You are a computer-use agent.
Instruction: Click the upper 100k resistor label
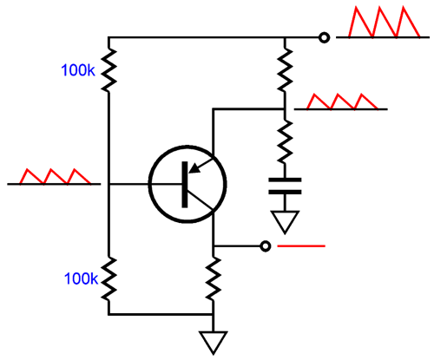(x=78, y=70)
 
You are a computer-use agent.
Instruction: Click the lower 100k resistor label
(x=82, y=278)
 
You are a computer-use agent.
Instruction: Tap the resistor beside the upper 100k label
(x=108, y=70)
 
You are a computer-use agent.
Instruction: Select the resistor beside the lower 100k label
(x=108, y=279)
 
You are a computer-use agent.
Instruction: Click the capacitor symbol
(x=285, y=186)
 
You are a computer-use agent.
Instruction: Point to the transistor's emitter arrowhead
(x=194, y=168)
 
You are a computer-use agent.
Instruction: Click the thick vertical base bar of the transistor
(x=185, y=185)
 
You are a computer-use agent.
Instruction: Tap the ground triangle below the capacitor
(x=285, y=222)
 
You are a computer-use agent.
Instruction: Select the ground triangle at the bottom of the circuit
(x=214, y=343)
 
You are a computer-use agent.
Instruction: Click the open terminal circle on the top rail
(x=324, y=37)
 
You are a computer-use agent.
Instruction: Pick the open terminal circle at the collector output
(x=266, y=246)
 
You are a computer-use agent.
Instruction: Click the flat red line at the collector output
(x=301, y=246)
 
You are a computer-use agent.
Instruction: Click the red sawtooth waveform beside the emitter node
(x=342, y=101)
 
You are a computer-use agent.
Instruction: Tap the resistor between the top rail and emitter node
(x=285, y=70)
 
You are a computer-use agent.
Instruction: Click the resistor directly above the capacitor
(x=285, y=141)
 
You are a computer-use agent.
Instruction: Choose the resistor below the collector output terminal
(x=214, y=279)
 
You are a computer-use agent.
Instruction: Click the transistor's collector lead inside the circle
(x=201, y=200)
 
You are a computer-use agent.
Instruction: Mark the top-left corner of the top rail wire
(x=108, y=37)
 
